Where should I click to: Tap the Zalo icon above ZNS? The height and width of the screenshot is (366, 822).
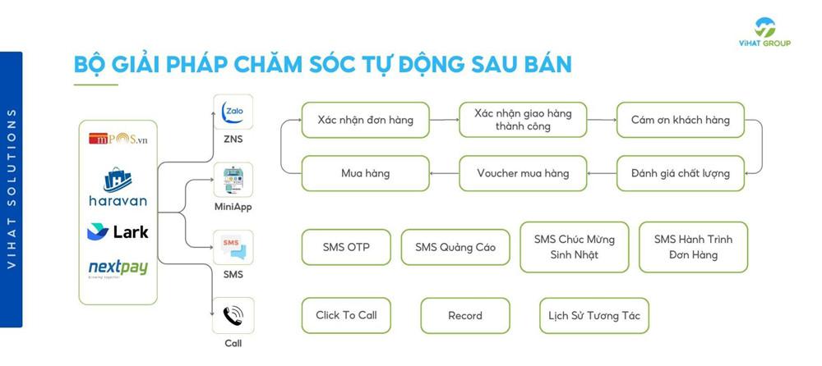233,112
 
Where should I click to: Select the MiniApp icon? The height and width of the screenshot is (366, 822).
233,180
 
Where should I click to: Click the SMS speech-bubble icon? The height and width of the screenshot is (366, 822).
233,247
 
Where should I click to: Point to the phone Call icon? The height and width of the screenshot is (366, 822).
233,315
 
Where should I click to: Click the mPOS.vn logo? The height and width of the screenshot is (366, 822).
118,139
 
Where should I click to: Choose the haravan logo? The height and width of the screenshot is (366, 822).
118,187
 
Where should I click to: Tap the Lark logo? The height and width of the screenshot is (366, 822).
118,231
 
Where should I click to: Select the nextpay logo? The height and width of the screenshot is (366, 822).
118,268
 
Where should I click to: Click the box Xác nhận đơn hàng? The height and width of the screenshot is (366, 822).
365,120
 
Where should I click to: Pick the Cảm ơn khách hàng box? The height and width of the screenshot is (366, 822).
680,120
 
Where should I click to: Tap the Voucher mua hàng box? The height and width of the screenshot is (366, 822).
523,173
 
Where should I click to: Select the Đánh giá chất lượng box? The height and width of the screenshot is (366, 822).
680,173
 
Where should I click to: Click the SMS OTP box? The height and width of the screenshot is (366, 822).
346,247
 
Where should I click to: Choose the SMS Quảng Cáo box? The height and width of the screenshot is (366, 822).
455,247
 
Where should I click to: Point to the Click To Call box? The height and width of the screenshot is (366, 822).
346,315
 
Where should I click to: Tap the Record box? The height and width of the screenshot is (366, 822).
465,315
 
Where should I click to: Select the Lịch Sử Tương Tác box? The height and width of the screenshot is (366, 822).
593,315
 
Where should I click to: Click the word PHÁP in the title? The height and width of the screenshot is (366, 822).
213,65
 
